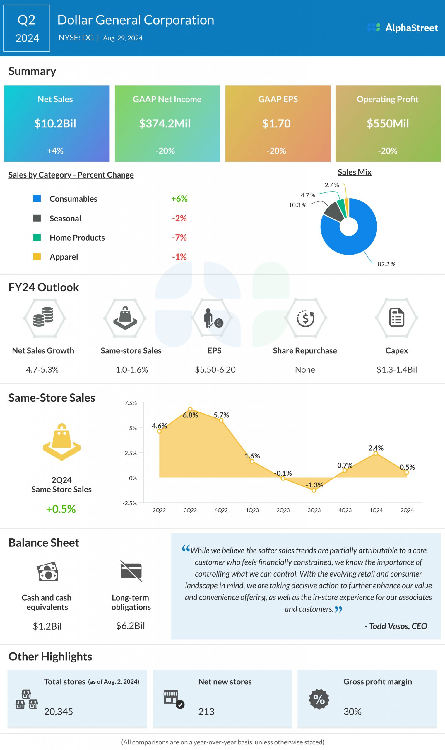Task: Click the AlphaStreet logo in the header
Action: tap(402, 28)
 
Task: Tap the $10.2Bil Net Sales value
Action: tap(55, 123)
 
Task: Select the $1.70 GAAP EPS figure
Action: tap(276, 123)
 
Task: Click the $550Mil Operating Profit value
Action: tap(387, 123)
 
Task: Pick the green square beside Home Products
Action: tap(37, 237)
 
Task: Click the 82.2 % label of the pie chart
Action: tap(386, 264)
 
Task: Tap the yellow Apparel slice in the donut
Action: tap(347, 207)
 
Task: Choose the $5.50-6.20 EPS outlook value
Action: tap(215, 369)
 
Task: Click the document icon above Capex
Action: tap(396, 317)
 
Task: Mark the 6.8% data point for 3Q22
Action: tap(190, 409)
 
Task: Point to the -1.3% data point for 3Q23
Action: tap(314, 490)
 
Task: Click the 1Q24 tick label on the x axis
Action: tap(376, 510)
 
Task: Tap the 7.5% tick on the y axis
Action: tap(131, 403)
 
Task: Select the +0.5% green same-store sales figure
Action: tap(61, 509)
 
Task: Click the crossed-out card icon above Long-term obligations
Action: tap(131, 571)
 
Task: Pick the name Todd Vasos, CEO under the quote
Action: tap(396, 626)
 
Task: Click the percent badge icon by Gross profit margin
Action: tap(319, 699)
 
